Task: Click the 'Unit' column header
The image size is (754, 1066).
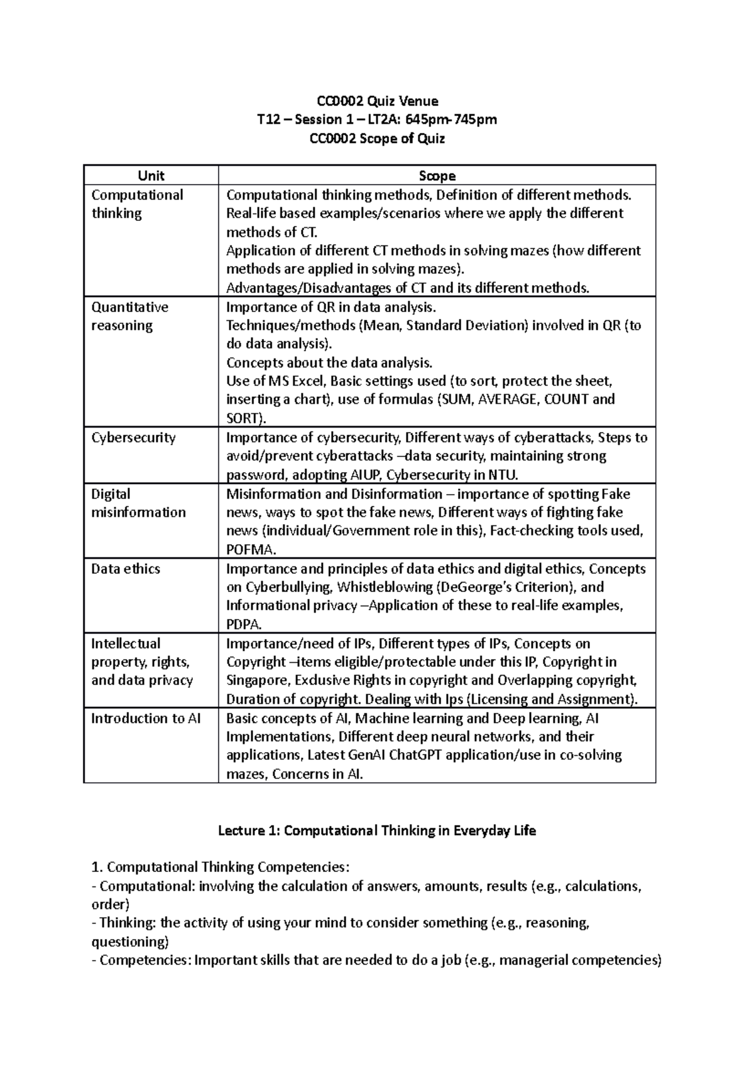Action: click(x=151, y=176)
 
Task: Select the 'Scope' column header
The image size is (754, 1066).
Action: click(x=437, y=176)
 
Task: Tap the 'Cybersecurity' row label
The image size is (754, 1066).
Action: click(x=133, y=438)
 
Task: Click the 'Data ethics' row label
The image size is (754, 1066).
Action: click(x=126, y=569)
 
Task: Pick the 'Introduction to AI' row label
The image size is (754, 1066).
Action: click(x=146, y=718)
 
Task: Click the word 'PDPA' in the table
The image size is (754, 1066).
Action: click(x=243, y=624)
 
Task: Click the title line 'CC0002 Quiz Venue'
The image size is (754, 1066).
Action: click(x=378, y=101)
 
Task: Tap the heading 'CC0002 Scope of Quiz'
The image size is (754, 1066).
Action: click(x=378, y=138)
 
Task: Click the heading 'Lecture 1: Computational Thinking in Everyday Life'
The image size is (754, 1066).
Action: click(x=376, y=831)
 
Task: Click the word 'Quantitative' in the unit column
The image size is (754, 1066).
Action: click(x=130, y=307)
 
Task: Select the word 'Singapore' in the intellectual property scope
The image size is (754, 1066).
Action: click(x=258, y=680)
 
